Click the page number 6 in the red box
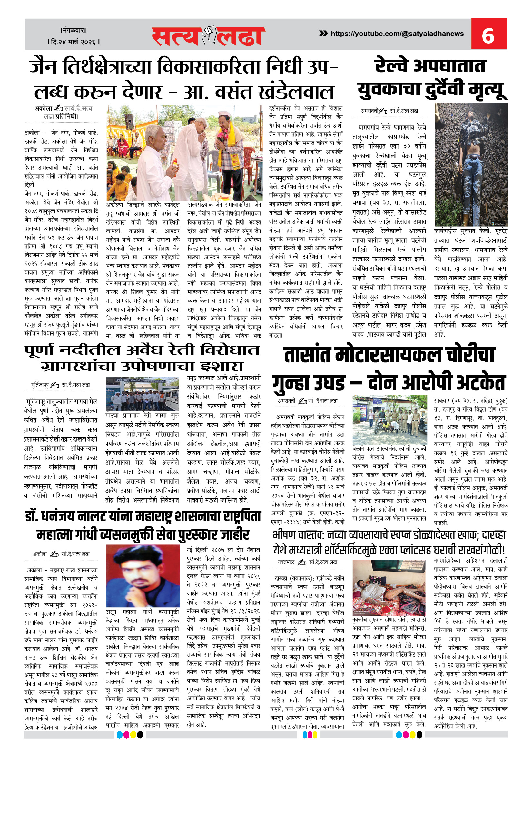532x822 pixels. (x=488, y=35)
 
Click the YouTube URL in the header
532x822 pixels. (x=397, y=34)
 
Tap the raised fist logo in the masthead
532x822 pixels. (x=209, y=35)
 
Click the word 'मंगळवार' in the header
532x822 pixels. (x=73, y=30)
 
